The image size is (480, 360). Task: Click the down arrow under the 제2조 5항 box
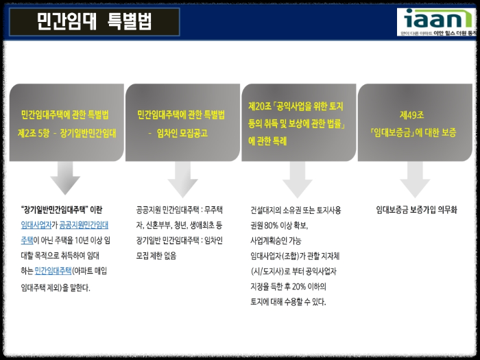pos(65,178)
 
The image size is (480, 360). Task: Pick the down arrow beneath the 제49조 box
pos(414,178)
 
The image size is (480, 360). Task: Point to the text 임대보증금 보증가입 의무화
pos(416,209)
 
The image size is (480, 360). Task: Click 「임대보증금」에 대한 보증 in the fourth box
pos(413,132)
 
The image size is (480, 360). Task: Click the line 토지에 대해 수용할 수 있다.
pos(288,302)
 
